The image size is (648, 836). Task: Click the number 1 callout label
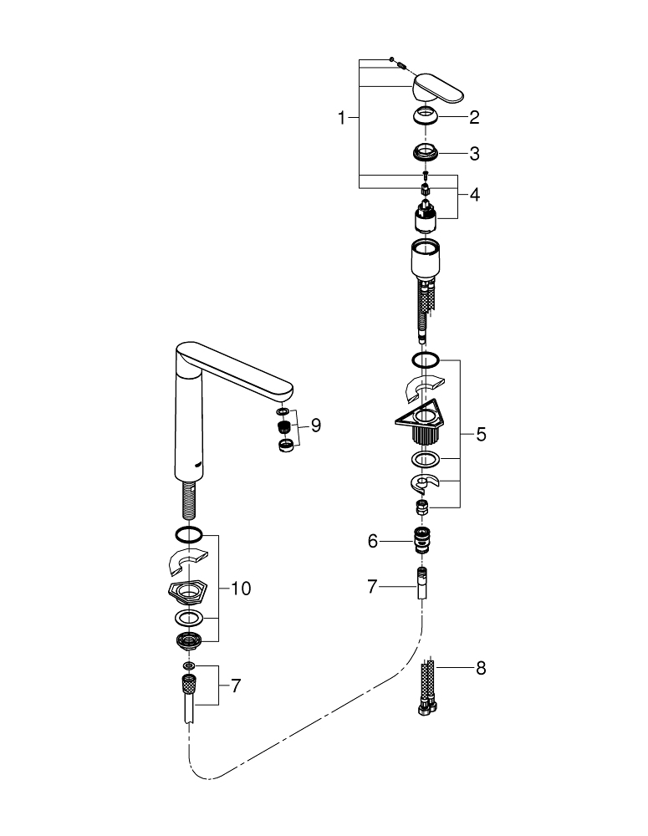pos(341,119)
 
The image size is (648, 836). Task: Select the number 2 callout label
pos(474,118)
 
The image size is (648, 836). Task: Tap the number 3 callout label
pos(474,154)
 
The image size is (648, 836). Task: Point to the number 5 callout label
pos(481,435)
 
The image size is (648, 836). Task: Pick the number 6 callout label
pos(373,542)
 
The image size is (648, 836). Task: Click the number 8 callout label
pos(481,669)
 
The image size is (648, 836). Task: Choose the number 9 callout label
pos(315,426)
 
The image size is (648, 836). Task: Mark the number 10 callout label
pos(241,589)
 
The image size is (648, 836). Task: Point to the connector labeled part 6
pos(425,541)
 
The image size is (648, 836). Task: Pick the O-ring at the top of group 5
pos(425,360)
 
